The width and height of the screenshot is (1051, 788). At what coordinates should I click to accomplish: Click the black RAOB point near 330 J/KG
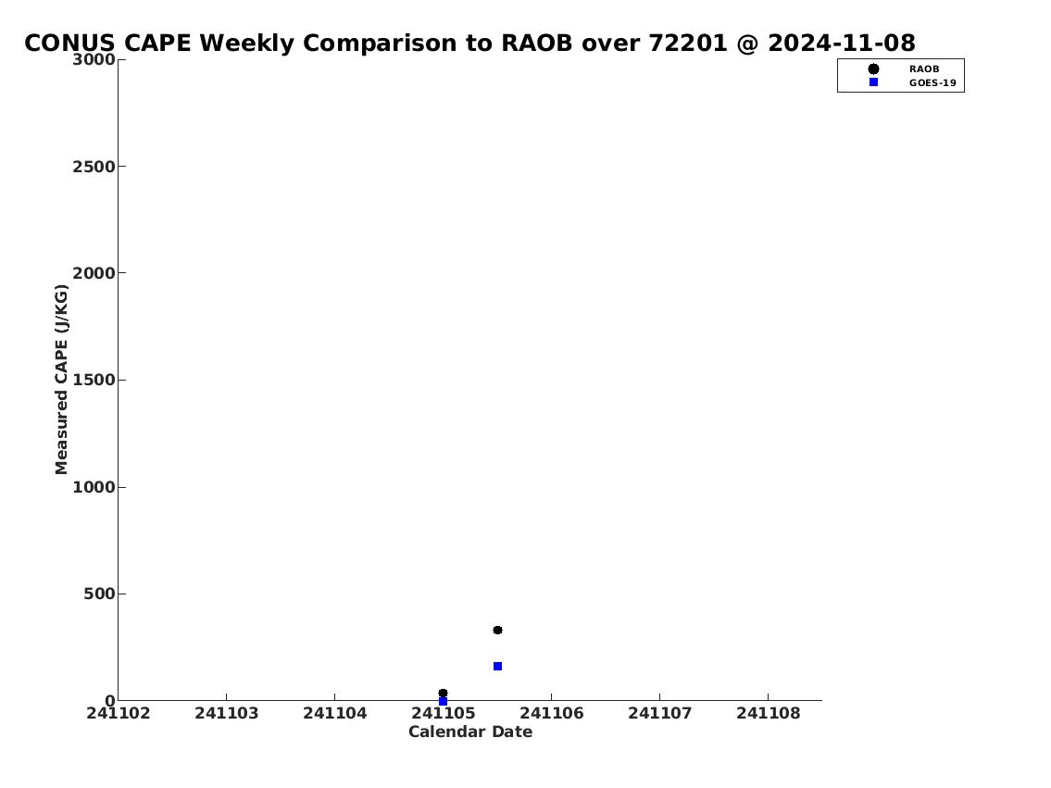coord(497,630)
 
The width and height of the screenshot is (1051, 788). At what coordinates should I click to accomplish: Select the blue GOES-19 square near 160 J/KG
coord(497,666)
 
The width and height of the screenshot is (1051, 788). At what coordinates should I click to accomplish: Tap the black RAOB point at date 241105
coord(443,694)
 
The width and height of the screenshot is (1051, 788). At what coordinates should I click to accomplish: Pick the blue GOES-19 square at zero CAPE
coord(443,701)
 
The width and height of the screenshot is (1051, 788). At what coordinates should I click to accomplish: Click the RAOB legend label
coord(924,69)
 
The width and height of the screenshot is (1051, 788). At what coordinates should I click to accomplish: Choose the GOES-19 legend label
coord(932,83)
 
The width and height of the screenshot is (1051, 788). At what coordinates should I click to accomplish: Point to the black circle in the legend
coord(873,69)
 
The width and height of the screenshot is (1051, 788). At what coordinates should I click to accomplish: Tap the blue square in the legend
coord(873,81)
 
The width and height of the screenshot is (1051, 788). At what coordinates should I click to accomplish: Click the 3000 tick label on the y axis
coord(94,59)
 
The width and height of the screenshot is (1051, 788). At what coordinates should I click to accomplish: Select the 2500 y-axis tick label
coord(94,166)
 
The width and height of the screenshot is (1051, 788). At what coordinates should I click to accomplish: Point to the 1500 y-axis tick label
coord(94,380)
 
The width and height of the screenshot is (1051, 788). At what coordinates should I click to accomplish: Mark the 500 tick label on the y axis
coord(99,594)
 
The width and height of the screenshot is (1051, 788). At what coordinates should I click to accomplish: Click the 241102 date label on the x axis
coord(119,714)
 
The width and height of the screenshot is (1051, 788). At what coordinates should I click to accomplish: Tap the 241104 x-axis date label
coord(335,714)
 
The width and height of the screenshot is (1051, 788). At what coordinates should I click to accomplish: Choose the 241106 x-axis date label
coord(552,714)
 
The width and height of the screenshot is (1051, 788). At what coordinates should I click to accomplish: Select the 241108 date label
coord(769,714)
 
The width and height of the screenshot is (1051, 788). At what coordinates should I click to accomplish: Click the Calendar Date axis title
coord(470,732)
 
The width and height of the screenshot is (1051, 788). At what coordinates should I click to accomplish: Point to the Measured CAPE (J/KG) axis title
coord(61,380)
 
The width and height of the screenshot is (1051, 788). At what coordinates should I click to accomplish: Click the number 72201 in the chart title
coord(688,44)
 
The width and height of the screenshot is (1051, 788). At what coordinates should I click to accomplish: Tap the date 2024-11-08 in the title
coord(841,44)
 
